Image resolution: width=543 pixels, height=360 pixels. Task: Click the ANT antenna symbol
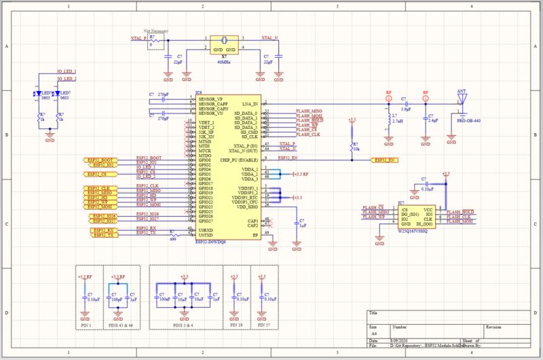[x=462, y=100]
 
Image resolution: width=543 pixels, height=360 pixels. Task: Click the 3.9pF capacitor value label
[x=405, y=109]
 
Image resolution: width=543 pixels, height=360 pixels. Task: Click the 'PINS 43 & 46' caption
[x=122, y=326]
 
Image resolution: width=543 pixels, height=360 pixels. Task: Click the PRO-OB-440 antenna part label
[x=468, y=120]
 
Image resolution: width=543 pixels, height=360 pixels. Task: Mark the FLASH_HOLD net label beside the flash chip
[x=461, y=211]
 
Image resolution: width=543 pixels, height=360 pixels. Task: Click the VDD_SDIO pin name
[x=246, y=206]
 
